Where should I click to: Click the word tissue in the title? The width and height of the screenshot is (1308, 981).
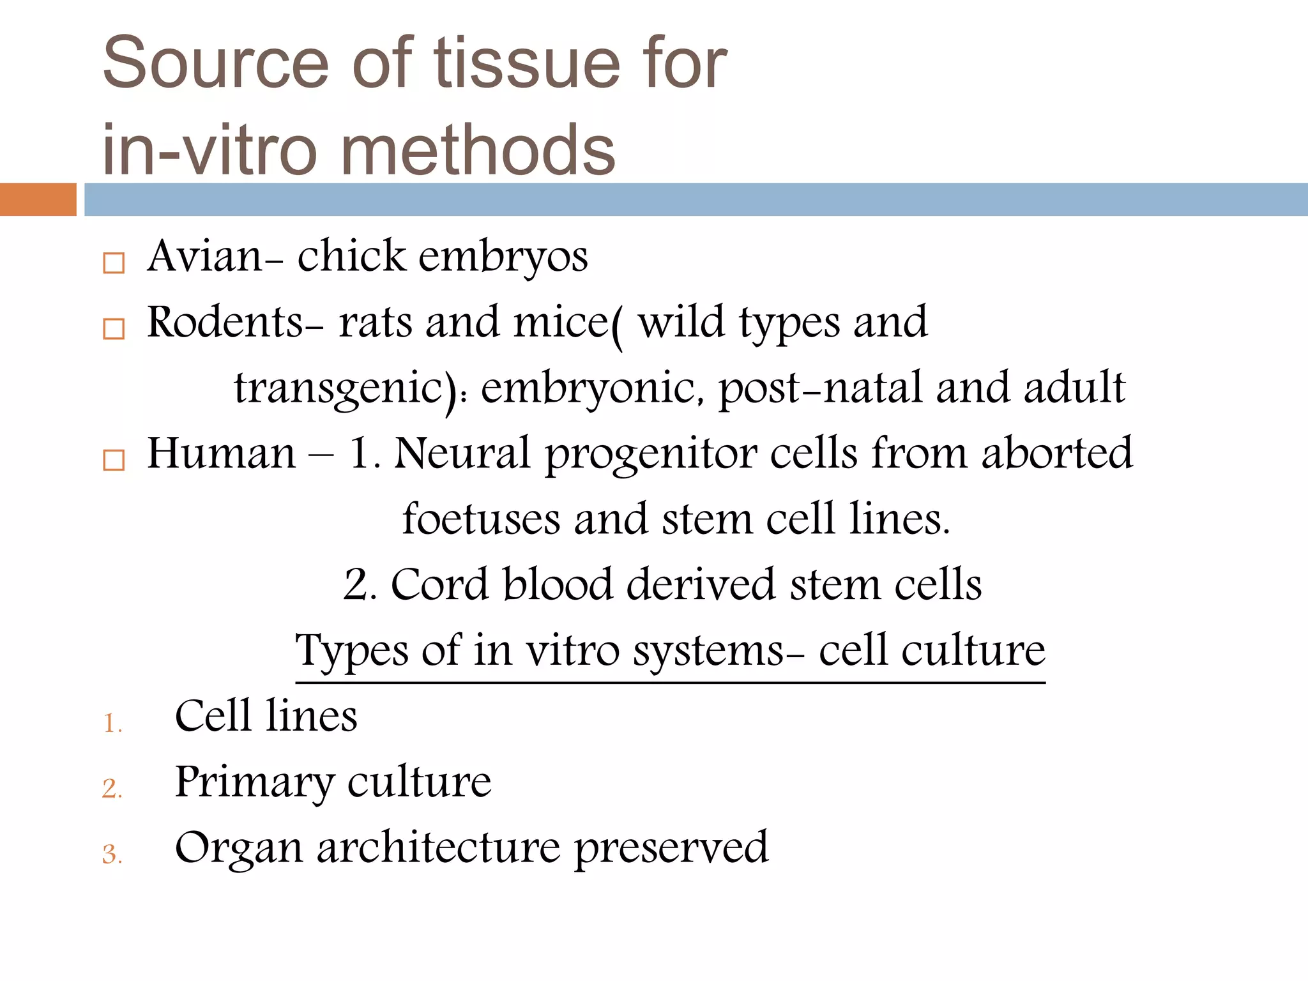[x=527, y=63]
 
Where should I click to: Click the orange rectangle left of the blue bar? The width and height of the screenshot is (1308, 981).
[x=38, y=199]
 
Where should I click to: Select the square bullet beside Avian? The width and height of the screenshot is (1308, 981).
[x=114, y=262]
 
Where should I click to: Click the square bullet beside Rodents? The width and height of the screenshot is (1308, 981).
[x=114, y=329]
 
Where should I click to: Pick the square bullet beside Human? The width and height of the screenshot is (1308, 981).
[x=114, y=460]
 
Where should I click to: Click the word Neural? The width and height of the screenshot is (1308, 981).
[x=462, y=453]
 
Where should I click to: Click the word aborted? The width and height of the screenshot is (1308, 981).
[x=1056, y=453]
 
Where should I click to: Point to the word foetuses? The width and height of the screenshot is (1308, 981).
[x=481, y=519]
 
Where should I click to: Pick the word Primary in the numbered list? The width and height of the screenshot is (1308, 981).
[x=254, y=782]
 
